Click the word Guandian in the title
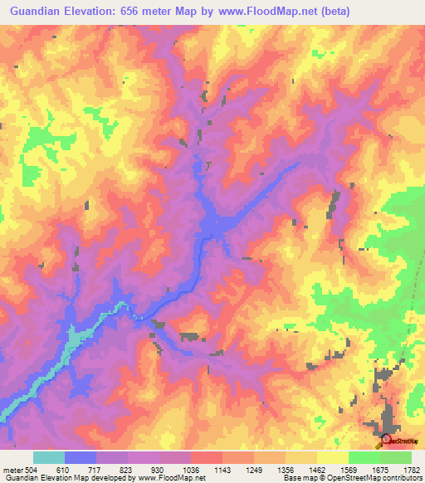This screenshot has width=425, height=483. pos(37,12)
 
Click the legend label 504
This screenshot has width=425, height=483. pos(29,469)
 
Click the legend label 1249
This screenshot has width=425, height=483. pos(254,469)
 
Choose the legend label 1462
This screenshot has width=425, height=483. pos(317,469)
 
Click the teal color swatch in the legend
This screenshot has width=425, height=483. pos(49,457)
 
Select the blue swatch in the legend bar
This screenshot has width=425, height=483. pos(81,457)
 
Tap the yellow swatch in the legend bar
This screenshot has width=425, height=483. pos(333,457)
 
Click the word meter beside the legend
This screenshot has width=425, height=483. pos(12,469)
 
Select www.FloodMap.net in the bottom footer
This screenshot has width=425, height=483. pos(174,479)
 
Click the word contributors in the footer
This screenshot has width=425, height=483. pos(399,479)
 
